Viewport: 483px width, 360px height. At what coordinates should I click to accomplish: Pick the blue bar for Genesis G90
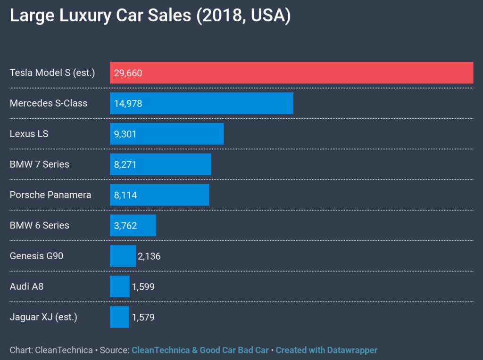(x=123, y=256)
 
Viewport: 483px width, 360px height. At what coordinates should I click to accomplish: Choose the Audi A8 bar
(x=119, y=286)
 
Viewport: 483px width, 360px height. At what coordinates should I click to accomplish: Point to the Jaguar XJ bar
(x=119, y=317)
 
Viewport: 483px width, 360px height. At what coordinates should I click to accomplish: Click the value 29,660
(x=128, y=73)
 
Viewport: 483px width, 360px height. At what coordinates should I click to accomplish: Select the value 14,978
(x=128, y=104)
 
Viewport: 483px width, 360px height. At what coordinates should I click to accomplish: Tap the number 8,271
(x=125, y=164)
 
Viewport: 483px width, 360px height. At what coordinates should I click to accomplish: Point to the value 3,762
(x=125, y=226)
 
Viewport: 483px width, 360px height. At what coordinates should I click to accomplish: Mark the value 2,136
(x=149, y=256)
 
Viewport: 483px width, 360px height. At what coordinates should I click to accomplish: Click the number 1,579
(x=143, y=318)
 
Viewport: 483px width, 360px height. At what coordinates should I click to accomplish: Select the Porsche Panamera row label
(x=50, y=195)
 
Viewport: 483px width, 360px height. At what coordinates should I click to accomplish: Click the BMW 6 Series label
(x=40, y=225)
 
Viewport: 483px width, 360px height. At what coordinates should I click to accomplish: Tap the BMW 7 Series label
(x=40, y=164)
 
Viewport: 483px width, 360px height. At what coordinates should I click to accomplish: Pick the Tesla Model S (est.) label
(x=52, y=73)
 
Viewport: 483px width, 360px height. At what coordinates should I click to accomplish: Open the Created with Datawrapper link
(x=326, y=350)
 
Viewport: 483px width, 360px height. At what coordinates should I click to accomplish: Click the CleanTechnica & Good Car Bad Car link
(x=200, y=350)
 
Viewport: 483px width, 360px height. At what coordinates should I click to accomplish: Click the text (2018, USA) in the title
(x=243, y=16)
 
